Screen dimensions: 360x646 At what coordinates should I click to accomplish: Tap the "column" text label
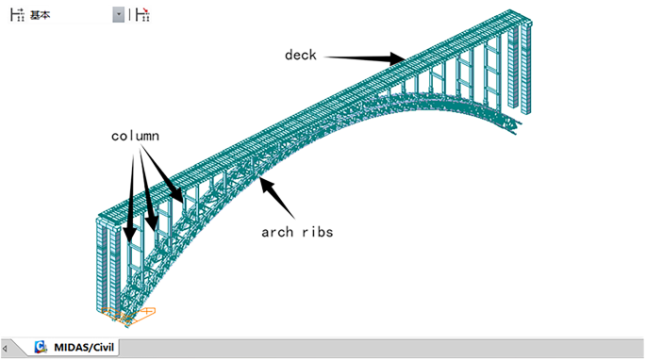[135, 136]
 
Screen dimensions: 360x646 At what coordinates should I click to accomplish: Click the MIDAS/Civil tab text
[83, 347]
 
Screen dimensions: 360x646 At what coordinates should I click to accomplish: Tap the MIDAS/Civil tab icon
[41, 347]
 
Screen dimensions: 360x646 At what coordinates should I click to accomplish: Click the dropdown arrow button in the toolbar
[118, 15]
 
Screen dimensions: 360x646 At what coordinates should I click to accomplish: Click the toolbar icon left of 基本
[16, 15]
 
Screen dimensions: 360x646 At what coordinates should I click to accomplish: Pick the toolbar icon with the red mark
[142, 15]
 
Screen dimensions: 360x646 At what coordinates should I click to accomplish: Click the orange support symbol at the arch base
[127, 315]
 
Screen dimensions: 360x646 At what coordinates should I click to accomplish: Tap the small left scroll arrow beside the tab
[7, 348]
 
